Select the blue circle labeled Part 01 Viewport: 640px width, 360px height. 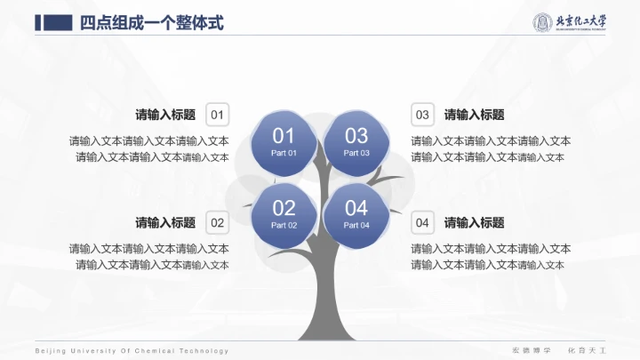tap(284, 141)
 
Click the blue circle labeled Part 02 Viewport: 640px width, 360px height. tap(284, 213)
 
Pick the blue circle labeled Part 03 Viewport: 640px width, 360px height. tap(356, 141)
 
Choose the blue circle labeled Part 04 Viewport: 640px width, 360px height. tap(356, 213)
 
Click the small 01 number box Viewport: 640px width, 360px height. tap(218, 115)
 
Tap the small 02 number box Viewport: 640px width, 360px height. tap(218, 222)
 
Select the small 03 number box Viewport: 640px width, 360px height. tap(422, 115)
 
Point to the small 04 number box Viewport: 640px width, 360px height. tap(422, 222)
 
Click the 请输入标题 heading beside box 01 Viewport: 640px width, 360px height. tap(165, 115)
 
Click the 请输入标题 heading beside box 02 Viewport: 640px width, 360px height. tap(165, 222)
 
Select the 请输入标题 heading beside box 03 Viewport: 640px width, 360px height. tap(475, 115)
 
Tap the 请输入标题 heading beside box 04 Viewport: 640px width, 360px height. tap(475, 222)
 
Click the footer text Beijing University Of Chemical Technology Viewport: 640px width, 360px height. tap(132, 351)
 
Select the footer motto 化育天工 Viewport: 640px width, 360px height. tap(586, 351)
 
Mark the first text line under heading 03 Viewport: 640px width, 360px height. tap(491, 141)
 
